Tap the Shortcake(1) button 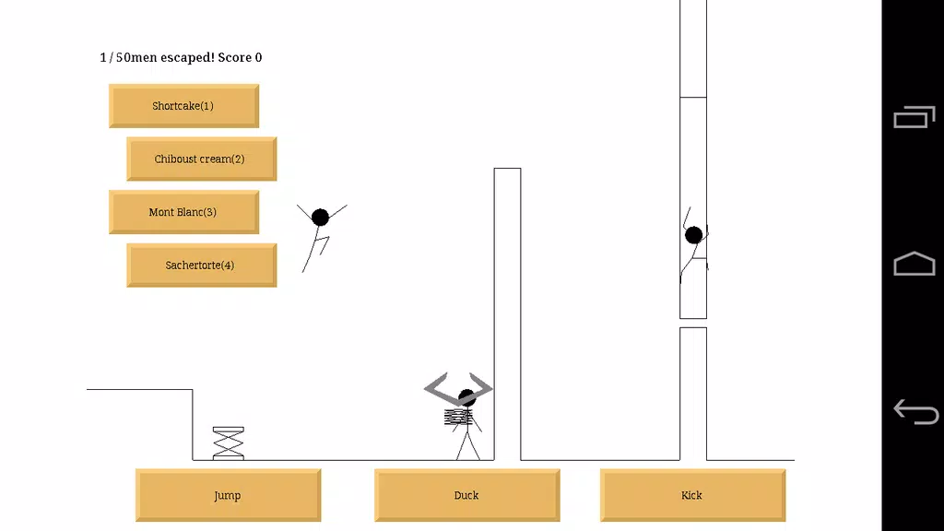click(183, 106)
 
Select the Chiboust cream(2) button click(202, 159)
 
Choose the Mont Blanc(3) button click(183, 212)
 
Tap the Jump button click(229, 495)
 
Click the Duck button click(467, 495)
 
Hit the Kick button click(693, 495)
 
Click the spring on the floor click(229, 443)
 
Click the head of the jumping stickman click(320, 217)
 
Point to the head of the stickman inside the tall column click(693, 235)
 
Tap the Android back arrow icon click(915, 412)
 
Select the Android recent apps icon click(914, 117)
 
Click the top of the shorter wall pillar click(508, 169)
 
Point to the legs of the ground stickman click(467, 443)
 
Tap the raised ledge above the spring click(140, 390)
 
